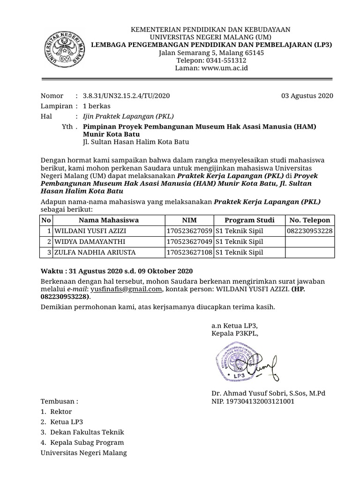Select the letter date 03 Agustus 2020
307,96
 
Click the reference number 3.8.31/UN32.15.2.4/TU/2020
126,96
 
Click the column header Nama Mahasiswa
109,220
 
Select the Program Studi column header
249,220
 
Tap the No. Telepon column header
310,220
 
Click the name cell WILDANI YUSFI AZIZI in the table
90,231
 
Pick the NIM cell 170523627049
189,241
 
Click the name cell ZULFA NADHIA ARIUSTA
95,252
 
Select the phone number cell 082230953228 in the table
310,231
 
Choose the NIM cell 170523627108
189,252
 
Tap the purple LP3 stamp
237,361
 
